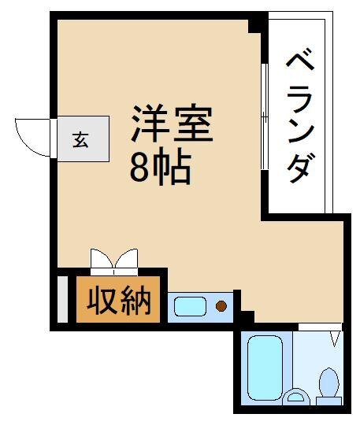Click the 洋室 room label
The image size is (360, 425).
pyautogui.click(x=172, y=123)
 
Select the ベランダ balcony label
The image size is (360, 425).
pyautogui.click(x=300, y=116)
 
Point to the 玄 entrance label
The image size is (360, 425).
pyautogui.click(x=80, y=140)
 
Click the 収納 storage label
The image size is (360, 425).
pyautogui.click(x=118, y=300)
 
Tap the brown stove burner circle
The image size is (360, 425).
pyautogui.click(x=221, y=306)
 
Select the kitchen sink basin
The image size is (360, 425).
pyautogui.click(x=190, y=307)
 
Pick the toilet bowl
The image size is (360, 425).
pyautogui.click(x=328, y=382)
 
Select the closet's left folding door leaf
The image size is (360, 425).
pyautogui.click(x=101, y=258)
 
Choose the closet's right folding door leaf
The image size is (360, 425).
pyautogui.click(x=126, y=258)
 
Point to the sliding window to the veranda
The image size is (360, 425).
pyautogui.click(x=265, y=116)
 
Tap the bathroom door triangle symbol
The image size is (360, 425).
pyautogui.click(x=336, y=338)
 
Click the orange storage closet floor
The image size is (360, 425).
pyautogui.click(x=118, y=300)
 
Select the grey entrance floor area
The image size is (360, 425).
pyautogui.click(x=84, y=139)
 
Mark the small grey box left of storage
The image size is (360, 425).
pyautogui.click(x=63, y=300)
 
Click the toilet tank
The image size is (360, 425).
pyautogui.click(x=328, y=401)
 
